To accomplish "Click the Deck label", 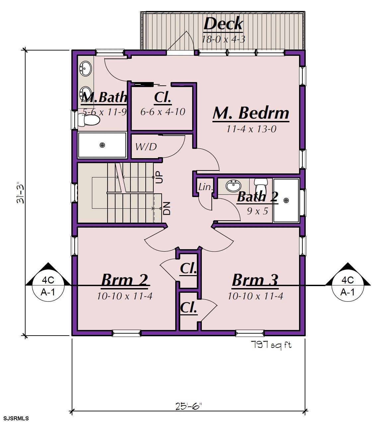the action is coord(223,24).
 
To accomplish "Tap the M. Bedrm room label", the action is coord(251,113).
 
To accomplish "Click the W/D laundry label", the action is coord(146,147).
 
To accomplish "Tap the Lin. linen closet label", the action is coord(205,187).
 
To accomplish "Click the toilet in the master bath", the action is coord(89,120).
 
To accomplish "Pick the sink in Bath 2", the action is coord(233,186).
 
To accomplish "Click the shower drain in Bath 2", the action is coord(286,200).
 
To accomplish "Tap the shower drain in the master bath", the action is coord(102,145).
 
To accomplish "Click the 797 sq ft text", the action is coord(271,345).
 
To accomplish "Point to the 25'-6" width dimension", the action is coord(188,406).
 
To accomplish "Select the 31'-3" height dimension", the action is coord(21,192).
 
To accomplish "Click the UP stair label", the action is coord(159,177).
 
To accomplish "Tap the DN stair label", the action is coord(167,208).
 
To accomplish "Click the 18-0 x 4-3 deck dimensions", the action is coord(223,39).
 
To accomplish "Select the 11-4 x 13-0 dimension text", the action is coord(251,129).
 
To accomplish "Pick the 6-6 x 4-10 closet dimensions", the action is coord(163,112).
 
